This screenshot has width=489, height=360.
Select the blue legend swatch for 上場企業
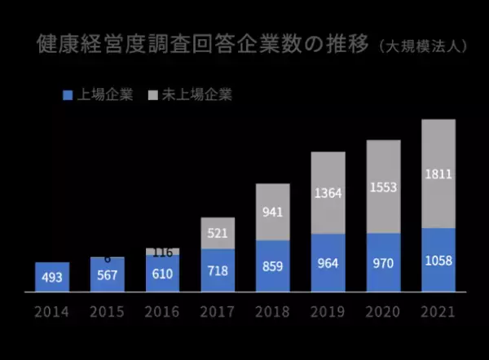[68, 94]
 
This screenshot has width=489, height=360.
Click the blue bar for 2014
[52, 277]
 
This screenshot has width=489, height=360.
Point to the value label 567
[107, 274]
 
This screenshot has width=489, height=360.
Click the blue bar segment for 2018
[273, 266]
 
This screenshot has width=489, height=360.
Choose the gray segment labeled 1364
[328, 193]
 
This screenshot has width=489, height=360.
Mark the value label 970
[383, 264]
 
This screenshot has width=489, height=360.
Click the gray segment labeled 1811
[438, 173]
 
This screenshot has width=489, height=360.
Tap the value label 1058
[438, 261]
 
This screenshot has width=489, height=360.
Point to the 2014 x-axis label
[51, 311]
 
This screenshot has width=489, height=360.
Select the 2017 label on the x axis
[218, 311]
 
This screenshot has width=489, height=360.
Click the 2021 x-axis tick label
[438, 311]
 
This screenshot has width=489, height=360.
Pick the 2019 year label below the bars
[328, 311]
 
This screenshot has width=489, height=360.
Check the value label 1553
[383, 187]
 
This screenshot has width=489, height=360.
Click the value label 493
[51, 276]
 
